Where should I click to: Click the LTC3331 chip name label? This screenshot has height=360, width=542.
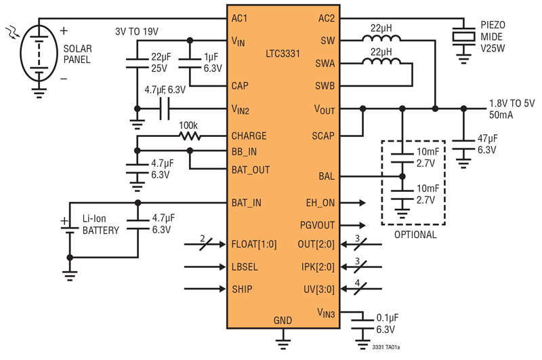283,54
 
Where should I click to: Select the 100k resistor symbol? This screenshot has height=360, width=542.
190,136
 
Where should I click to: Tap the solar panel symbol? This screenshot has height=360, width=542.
39,54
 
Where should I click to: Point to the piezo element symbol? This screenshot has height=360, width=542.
463,37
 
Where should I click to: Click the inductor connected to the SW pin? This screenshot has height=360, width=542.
381,38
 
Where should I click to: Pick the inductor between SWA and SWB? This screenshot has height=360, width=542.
381,61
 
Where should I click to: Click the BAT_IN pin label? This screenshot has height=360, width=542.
246,203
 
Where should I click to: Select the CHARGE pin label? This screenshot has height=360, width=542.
249,136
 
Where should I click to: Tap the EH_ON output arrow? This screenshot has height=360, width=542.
352,203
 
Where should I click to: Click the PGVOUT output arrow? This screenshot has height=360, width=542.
352,226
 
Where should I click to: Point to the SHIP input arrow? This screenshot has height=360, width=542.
205,289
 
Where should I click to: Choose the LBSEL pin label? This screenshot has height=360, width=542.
245,267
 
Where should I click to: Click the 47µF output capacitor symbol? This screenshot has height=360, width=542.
463,145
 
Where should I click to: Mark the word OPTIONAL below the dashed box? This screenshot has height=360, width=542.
415,235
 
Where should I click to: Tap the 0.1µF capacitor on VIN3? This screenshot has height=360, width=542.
362,324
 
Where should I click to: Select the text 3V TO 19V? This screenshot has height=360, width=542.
137,32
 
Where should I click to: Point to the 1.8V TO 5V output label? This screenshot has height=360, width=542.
512,104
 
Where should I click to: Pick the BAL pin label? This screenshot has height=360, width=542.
327,176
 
